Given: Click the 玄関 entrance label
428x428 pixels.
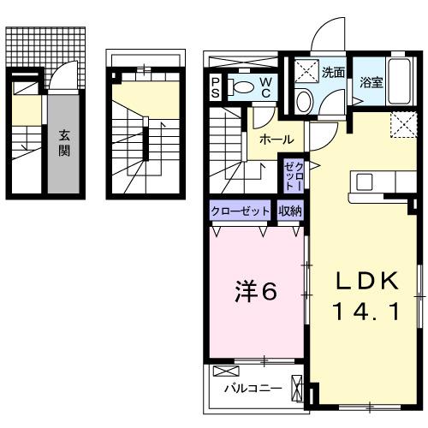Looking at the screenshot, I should pos(65,142).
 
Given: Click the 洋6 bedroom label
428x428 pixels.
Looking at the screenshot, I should pos(254,292).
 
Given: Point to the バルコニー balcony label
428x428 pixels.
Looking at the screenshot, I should pos(253,388).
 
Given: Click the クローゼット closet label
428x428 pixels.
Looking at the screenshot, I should pos(241,211).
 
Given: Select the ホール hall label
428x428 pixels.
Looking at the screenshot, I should pos(276,140).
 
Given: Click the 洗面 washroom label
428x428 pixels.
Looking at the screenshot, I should pos(334,73).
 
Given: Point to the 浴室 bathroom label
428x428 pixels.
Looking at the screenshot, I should pos(371,83).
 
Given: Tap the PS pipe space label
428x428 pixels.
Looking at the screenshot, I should pos(216,86).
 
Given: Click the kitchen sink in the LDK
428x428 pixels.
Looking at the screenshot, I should pos(364,181).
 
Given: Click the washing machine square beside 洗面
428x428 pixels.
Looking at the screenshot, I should pos(306,72).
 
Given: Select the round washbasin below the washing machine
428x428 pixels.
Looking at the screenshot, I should pos(304,100).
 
